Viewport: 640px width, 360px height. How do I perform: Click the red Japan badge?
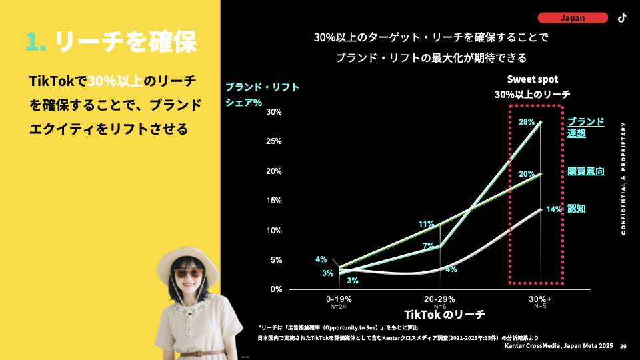click(573, 18)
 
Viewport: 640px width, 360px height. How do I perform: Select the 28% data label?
click(527, 122)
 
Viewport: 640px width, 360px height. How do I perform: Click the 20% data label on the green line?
click(527, 174)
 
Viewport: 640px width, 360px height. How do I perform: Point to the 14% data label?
click(554, 209)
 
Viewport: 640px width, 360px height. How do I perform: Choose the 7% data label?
click(429, 247)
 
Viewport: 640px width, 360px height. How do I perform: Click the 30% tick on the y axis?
click(273, 112)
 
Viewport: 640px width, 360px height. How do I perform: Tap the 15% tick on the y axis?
click(273, 201)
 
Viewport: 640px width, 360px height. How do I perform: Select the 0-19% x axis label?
click(339, 299)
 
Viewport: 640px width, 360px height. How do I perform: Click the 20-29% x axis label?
click(440, 299)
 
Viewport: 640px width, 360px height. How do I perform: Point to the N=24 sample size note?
click(339, 307)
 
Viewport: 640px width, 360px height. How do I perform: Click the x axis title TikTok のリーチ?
click(444, 314)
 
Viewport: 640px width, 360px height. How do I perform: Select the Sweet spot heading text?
click(532, 79)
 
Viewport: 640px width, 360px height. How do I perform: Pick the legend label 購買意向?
click(586, 171)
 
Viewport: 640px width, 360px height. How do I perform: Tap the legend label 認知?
click(577, 209)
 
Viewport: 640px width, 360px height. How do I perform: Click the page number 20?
click(623, 347)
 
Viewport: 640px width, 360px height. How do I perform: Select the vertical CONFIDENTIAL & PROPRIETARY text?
click(623, 178)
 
